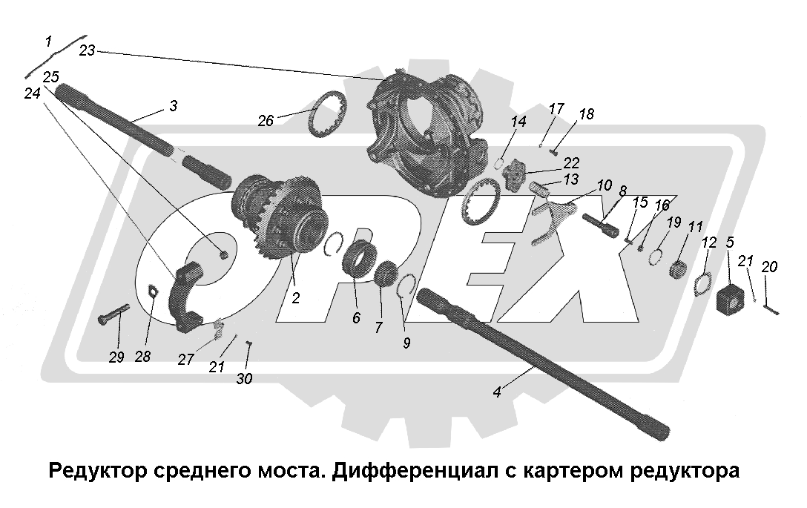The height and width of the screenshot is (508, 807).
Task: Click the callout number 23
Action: click(x=88, y=50)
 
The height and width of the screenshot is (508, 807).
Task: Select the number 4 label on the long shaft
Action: click(x=497, y=392)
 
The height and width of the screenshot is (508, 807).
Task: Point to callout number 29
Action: click(x=116, y=357)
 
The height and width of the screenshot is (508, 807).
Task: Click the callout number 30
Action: click(x=244, y=379)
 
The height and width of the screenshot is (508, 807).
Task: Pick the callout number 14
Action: click(x=518, y=121)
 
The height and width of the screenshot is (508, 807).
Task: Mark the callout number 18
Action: click(x=586, y=114)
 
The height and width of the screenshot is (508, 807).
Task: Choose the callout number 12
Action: click(x=709, y=242)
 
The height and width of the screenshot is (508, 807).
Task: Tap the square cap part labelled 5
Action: click(x=734, y=298)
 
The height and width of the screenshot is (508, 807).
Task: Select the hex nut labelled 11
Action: click(x=678, y=268)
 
